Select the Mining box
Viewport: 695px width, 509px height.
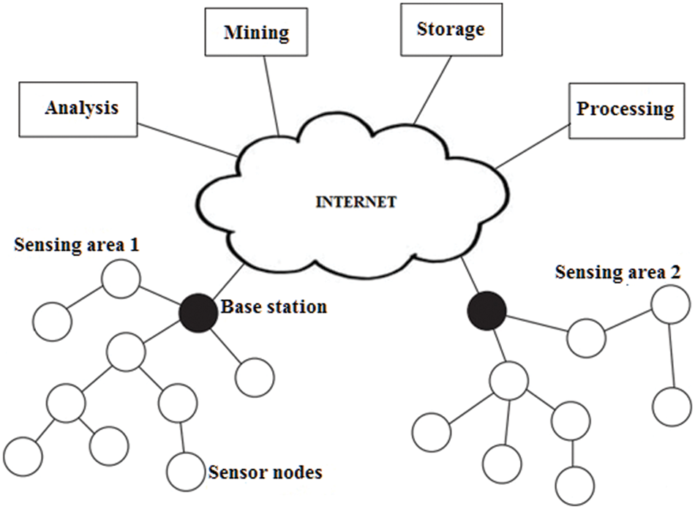coord(256,33)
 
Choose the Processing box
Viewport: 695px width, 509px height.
coord(625,110)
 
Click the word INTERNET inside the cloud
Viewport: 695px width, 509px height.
coord(356,202)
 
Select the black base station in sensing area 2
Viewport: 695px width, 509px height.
coord(487,309)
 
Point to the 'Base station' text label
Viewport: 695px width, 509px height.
coord(274,306)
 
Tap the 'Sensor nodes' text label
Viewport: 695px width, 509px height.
coord(265,472)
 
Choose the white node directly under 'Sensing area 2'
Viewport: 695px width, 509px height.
coord(671,304)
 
